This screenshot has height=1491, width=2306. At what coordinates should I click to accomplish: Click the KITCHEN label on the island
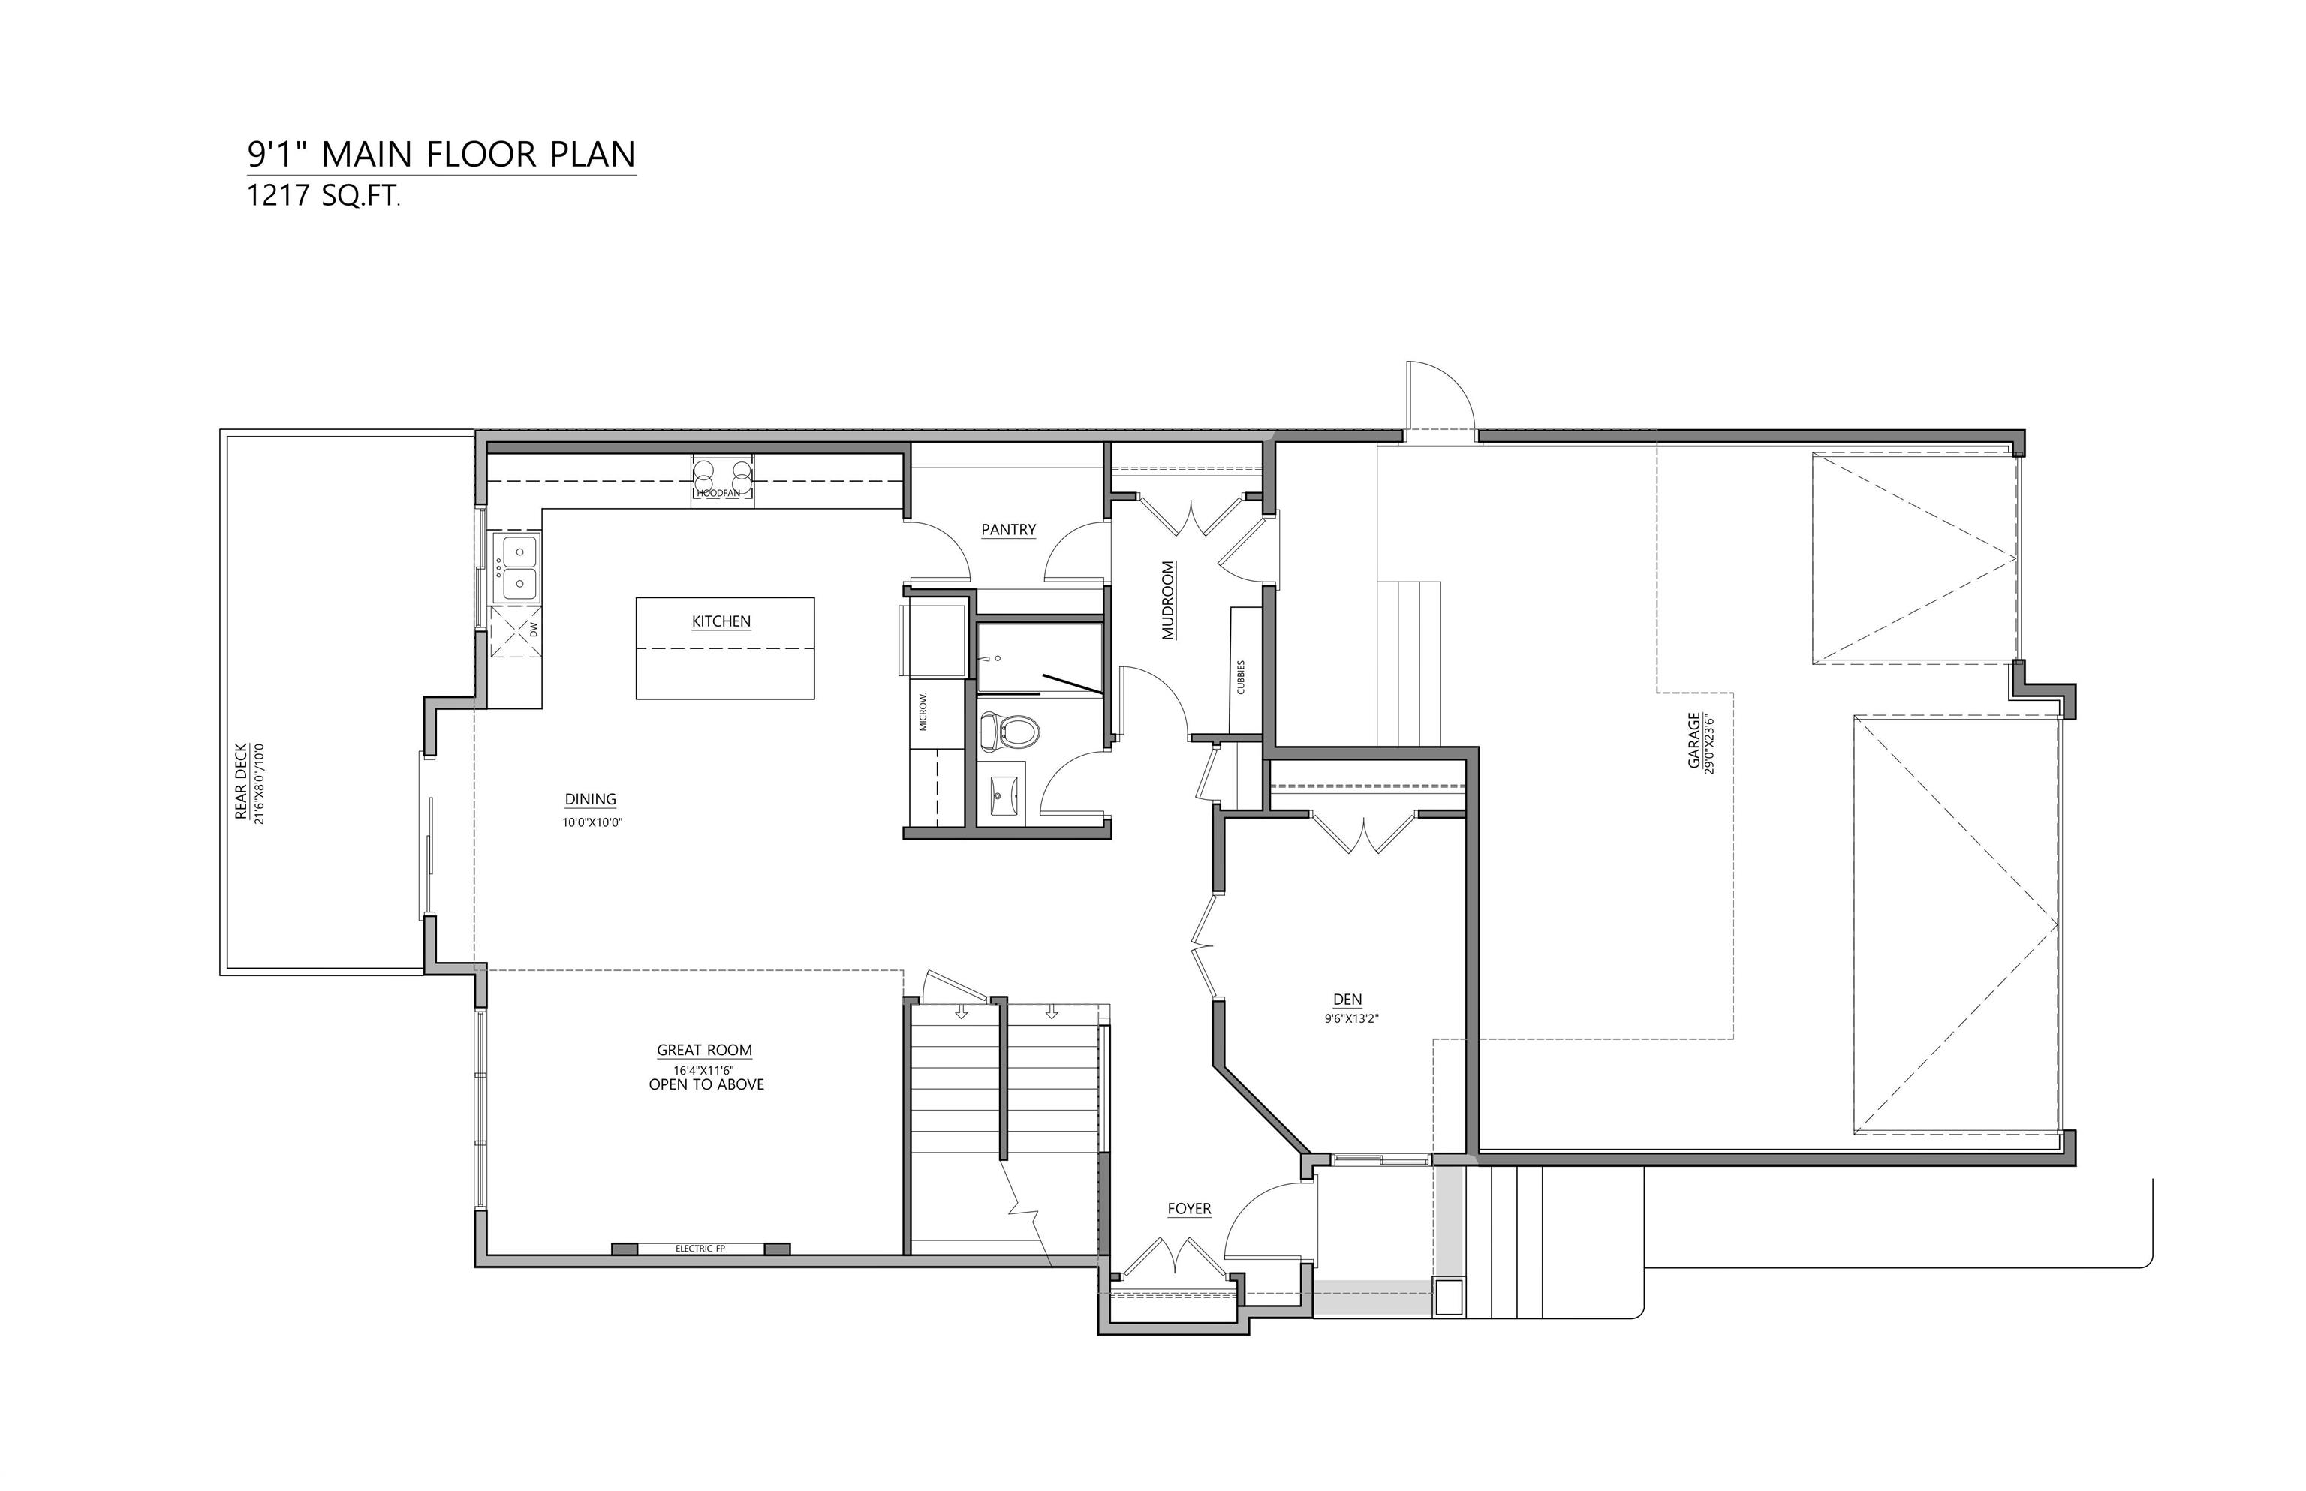tap(721, 621)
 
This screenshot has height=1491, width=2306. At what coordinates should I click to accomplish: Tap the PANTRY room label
tap(1008, 530)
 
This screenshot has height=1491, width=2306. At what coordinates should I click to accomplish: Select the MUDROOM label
tap(1167, 600)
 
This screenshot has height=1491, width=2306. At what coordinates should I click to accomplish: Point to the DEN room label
tap(1347, 1000)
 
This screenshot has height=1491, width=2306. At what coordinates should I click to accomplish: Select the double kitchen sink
tap(516, 567)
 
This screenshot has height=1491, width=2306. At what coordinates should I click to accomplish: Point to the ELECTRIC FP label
tap(700, 1249)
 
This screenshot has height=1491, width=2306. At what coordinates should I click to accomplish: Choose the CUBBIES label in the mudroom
tap(1241, 678)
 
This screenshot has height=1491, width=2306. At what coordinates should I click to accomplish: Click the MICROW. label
tap(923, 711)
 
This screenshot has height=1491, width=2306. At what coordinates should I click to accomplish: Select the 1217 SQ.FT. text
tap(323, 197)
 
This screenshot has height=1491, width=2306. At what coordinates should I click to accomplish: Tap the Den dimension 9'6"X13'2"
tap(1351, 1018)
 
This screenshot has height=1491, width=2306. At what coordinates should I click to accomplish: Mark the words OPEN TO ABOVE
tap(706, 1084)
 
